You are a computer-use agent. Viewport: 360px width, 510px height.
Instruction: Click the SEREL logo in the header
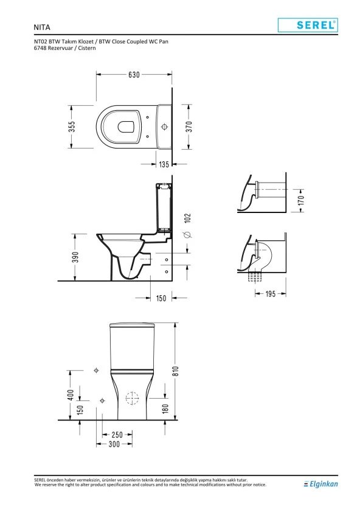[x=307, y=25]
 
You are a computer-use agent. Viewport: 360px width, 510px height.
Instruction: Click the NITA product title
[x=42, y=27]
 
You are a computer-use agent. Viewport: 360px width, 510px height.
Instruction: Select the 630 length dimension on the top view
[x=134, y=75]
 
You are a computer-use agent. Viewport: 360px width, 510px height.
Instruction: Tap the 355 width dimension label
[x=72, y=127]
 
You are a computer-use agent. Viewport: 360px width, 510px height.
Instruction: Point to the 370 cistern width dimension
[x=189, y=127]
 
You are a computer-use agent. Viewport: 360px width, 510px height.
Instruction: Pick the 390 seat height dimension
[x=72, y=257]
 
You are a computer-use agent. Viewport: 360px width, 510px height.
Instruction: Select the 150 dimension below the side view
[x=161, y=298]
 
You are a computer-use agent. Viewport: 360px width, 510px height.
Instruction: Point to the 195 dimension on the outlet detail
[x=270, y=294]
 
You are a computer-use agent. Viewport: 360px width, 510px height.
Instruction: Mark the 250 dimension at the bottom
[x=116, y=435]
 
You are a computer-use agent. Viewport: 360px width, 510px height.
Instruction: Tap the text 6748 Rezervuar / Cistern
[x=64, y=48]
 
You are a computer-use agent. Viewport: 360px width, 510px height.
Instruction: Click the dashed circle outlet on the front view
[x=131, y=399]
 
